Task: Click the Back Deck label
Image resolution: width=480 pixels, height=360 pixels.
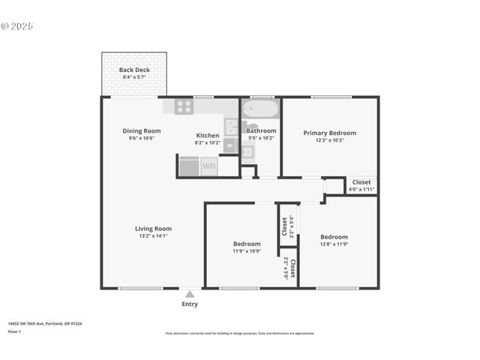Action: coord(134,70)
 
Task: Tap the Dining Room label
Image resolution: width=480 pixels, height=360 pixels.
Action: coord(142,131)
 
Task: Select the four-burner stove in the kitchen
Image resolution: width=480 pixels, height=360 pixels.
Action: coord(184,106)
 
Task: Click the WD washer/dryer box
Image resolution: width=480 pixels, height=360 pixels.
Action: coord(208,166)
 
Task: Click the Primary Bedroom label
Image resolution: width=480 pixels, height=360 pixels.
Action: coord(329,133)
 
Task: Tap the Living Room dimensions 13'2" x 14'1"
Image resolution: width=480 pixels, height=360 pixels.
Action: coord(153,235)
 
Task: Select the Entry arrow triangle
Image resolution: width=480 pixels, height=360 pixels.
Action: coord(190,294)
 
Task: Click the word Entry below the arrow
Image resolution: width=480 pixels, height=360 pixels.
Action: coord(190,304)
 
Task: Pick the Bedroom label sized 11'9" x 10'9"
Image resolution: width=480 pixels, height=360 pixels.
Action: coord(246,244)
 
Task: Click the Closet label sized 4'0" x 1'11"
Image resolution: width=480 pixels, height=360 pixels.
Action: coord(361,182)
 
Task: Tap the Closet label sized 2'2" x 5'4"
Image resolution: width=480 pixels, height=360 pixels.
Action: coord(285,225)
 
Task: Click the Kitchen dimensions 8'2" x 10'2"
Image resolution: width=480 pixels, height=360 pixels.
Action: coord(208,142)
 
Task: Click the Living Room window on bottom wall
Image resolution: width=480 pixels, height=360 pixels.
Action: coord(140,288)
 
